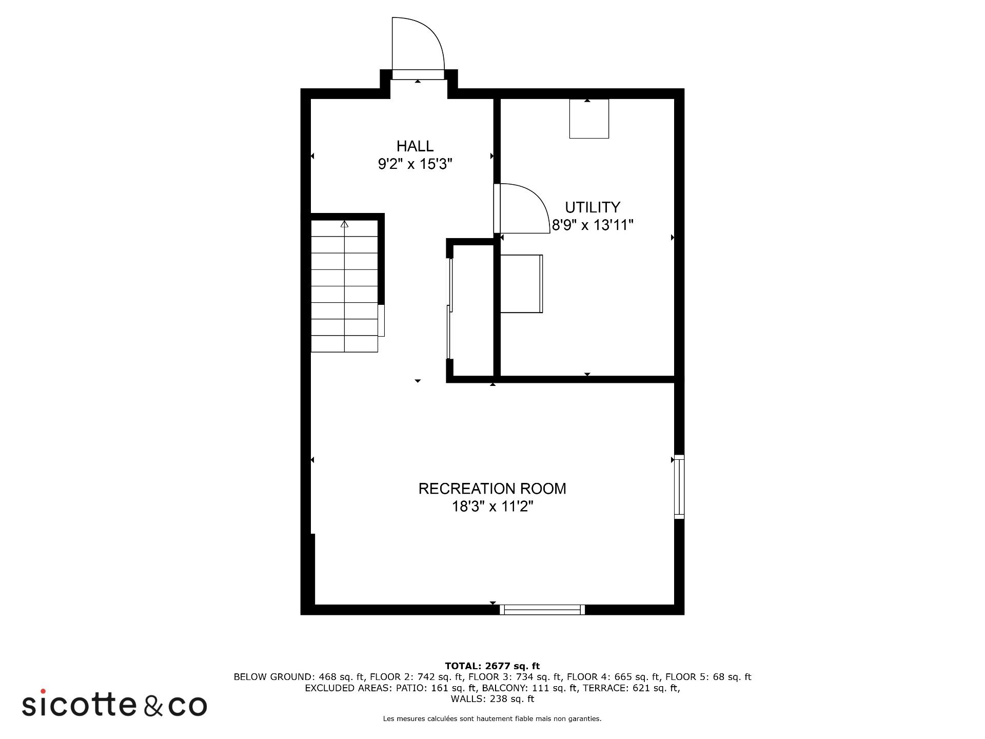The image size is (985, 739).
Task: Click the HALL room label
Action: point(415,146)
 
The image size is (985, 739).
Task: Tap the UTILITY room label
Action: point(593,207)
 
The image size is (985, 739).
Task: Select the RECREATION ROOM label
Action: point(493,489)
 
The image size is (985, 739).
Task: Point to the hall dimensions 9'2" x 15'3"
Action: point(415,164)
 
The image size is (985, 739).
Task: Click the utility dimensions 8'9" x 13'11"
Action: point(593,225)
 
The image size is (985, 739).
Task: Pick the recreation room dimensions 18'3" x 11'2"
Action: point(493,507)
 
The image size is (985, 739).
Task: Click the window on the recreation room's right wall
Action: point(679,487)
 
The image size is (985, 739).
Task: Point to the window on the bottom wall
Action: point(542,610)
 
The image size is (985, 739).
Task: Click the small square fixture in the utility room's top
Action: point(589,119)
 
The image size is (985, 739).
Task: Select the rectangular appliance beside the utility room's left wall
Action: point(521,283)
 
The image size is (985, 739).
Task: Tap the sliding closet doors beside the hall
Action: point(450,308)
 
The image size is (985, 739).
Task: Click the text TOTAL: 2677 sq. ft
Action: point(493,666)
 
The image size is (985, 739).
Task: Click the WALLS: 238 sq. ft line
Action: point(493,699)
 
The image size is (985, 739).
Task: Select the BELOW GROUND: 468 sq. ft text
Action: point(299,677)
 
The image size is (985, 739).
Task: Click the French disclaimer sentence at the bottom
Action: point(493,719)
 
